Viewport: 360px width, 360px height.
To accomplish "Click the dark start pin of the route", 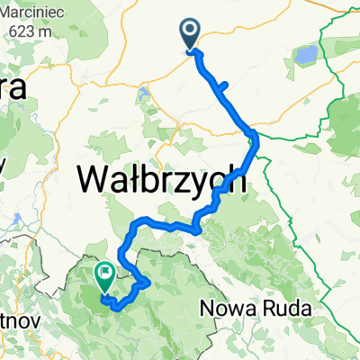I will pyautogui.click(x=192, y=34).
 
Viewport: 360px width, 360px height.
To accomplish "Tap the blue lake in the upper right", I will pyautogui.click(x=303, y=56).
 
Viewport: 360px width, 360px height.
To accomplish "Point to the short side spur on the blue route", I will pyautogui.click(x=220, y=86).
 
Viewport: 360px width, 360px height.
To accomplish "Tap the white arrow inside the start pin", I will pyautogui.click(x=192, y=31).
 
